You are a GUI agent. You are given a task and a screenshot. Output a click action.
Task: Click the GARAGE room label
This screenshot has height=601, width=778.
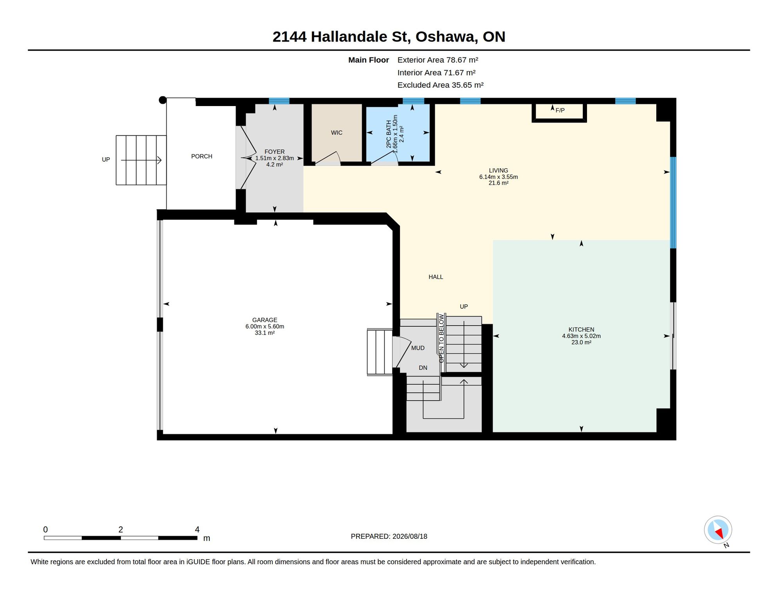(265, 320)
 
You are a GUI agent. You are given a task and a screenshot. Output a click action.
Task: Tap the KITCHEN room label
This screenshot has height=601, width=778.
(581, 330)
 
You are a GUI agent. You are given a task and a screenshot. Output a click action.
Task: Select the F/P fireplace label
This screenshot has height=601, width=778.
(560, 111)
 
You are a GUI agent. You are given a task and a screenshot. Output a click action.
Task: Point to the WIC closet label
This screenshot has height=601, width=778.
(337, 133)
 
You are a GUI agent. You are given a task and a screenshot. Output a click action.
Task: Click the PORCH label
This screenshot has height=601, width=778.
(202, 157)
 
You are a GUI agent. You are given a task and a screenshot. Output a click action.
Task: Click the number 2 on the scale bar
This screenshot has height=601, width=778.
(121, 529)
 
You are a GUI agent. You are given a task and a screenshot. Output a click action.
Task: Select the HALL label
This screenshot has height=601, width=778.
(436, 277)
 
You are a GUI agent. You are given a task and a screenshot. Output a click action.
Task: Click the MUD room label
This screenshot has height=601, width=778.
(418, 348)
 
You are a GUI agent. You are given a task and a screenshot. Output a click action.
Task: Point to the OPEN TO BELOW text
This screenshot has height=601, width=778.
(441, 338)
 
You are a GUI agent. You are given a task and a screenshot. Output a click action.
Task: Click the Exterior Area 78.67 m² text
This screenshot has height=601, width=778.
(438, 60)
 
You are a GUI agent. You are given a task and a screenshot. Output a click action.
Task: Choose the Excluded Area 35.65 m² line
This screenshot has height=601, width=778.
(440, 85)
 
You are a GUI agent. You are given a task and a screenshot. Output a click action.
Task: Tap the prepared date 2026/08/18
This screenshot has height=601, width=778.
(410, 536)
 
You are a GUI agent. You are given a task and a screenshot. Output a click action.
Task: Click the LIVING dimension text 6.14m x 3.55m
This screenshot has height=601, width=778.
(498, 177)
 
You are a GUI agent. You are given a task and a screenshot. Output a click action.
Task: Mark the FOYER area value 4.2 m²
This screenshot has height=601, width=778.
(274, 165)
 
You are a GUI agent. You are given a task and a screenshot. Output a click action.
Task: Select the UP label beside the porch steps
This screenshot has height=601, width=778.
(106, 160)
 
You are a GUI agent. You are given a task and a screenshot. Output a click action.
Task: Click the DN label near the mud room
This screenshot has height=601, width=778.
(423, 368)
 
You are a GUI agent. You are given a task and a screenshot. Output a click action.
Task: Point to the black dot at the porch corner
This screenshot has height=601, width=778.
(162, 100)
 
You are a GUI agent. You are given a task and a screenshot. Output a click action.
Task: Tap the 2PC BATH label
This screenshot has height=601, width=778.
(389, 134)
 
